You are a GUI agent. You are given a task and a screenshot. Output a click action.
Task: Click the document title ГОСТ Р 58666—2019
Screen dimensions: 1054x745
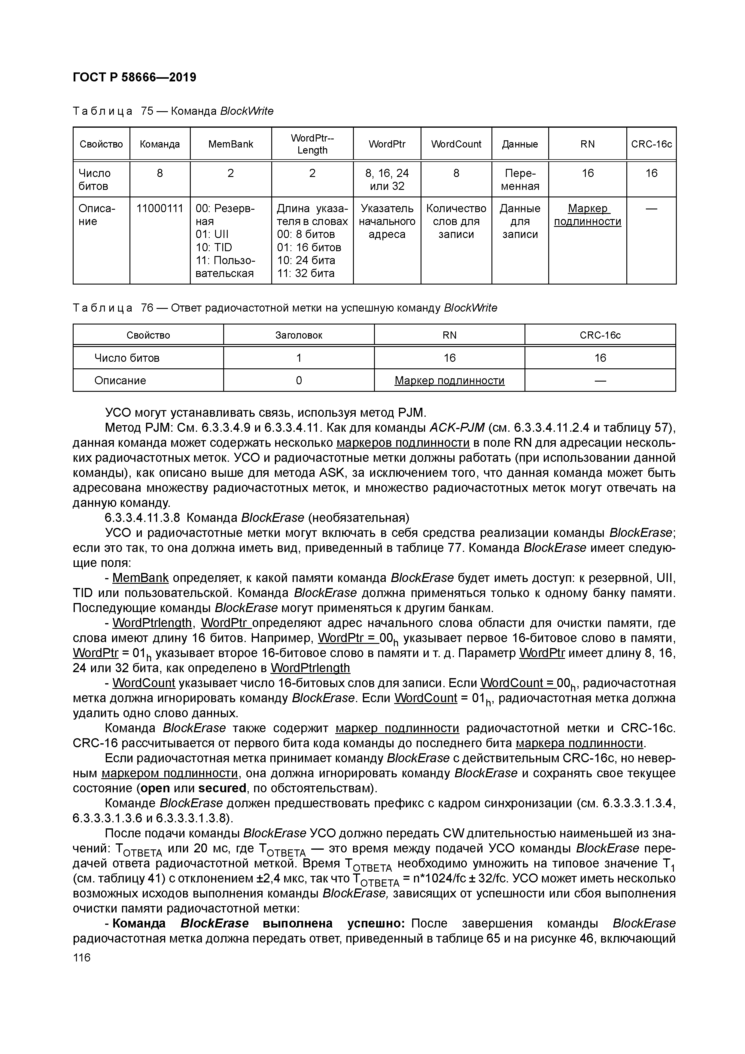coord(134,77)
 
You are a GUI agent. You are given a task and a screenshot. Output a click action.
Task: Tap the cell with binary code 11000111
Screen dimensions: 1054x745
coord(160,209)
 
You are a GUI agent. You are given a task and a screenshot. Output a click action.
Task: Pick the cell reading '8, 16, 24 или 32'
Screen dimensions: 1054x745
coord(387,179)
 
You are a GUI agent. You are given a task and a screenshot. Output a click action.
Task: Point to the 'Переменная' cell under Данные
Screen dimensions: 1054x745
coord(520,179)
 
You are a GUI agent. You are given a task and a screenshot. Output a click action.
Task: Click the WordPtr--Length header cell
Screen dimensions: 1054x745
coord(312,144)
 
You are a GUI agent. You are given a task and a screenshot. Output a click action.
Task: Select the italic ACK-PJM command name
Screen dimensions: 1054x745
coord(457,428)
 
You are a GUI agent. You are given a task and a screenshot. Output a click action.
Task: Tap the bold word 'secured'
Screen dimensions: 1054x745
coord(222,788)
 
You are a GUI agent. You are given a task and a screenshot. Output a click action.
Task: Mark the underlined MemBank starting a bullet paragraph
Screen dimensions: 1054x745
coord(141,577)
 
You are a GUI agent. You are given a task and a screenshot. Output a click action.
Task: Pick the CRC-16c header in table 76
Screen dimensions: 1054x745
coord(600,335)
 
